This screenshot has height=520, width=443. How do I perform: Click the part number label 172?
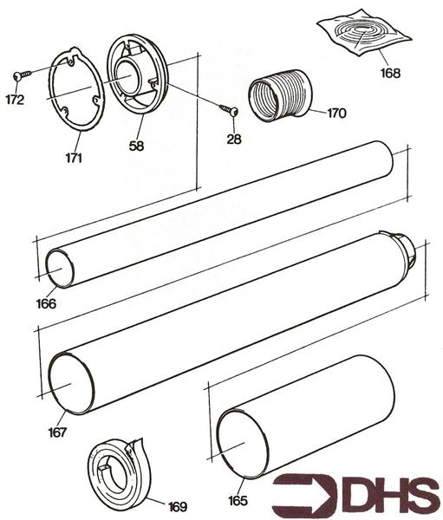click(x=14, y=100)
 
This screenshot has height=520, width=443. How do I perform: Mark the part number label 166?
click(x=46, y=303)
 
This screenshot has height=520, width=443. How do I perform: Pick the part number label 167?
click(x=59, y=431)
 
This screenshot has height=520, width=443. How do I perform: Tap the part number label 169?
click(x=176, y=505)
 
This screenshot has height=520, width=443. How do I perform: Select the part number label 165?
click(x=238, y=500)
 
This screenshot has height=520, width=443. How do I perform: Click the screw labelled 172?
click(x=23, y=75)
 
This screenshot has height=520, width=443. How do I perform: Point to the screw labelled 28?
click(x=229, y=109)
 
